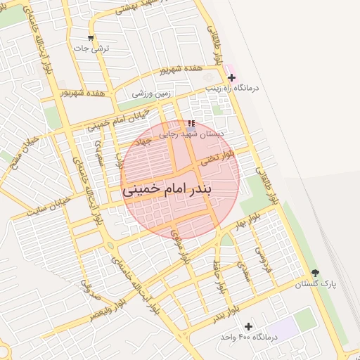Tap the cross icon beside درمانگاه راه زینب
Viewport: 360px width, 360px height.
pos(231,77)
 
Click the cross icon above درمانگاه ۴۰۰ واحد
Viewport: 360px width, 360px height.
pos(247,326)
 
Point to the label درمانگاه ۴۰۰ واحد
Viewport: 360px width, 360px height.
pos(249,337)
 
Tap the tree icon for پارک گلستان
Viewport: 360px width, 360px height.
pos(314,273)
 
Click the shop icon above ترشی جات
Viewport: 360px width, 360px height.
pos(90,37)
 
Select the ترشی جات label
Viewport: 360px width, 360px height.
pos(92,48)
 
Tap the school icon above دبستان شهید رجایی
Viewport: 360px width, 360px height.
pos(191,123)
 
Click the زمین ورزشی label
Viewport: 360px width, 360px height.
pos(148,93)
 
